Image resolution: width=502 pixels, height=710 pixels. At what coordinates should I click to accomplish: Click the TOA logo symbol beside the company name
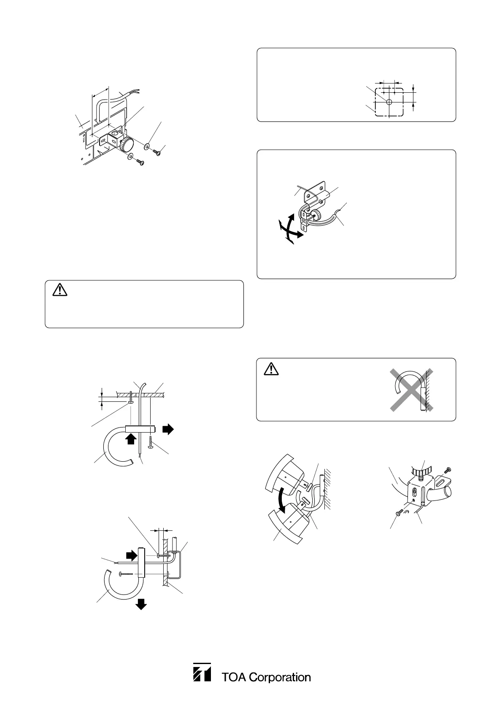click(202, 672)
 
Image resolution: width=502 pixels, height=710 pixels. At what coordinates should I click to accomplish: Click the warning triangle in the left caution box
click(59, 290)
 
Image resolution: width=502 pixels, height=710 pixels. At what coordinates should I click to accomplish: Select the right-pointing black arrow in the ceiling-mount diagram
click(168, 429)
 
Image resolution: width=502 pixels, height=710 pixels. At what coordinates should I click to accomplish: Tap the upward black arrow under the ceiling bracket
click(131, 439)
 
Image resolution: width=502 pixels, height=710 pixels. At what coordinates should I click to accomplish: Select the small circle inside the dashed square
click(389, 102)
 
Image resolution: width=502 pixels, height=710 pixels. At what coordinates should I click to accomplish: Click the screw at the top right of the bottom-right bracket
click(448, 469)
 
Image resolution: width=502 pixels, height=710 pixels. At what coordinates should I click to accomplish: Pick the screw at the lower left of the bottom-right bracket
click(399, 512)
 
